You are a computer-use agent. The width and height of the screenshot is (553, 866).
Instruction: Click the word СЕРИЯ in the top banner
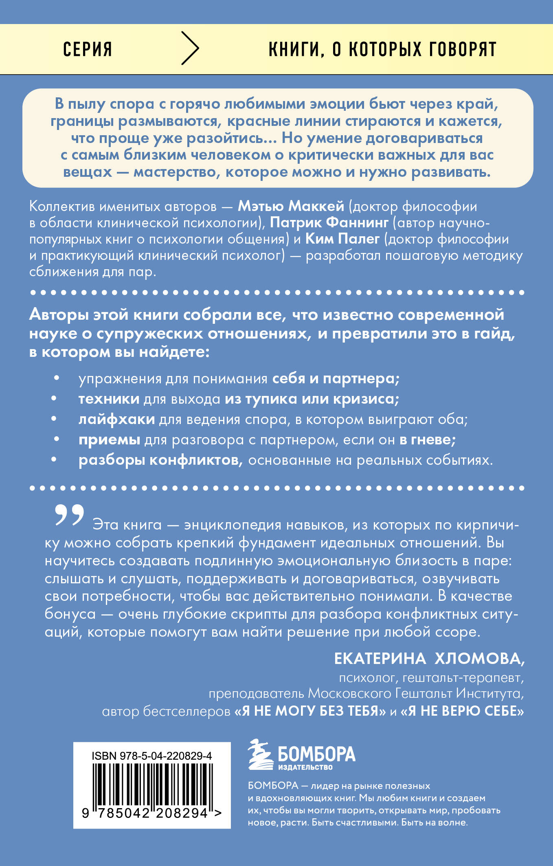coord(88,49)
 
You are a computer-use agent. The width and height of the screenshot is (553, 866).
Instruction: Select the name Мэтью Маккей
coord(291,206)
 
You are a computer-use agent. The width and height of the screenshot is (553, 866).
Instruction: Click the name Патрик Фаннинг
coord(329,222)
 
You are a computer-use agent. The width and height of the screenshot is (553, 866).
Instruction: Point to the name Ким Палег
coord(342,239)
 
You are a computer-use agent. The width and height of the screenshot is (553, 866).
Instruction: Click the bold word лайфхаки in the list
coord(116,419)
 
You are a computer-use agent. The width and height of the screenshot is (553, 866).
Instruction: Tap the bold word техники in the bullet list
coord(109,399)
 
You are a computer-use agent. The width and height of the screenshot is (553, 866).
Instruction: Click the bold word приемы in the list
coord(109,440)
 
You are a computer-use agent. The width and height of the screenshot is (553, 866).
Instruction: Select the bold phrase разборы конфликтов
coord(160,460)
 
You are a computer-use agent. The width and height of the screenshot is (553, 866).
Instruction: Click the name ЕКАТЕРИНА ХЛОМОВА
coord(429,659)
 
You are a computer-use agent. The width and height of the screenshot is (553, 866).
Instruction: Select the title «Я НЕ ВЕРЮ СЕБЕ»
coord(462,711)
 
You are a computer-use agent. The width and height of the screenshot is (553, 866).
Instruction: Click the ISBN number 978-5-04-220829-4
coord(165,756)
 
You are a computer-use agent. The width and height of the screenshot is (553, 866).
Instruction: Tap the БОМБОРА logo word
coord(316,754)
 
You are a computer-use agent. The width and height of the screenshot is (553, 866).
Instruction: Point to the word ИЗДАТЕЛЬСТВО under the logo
coord(305,767)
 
